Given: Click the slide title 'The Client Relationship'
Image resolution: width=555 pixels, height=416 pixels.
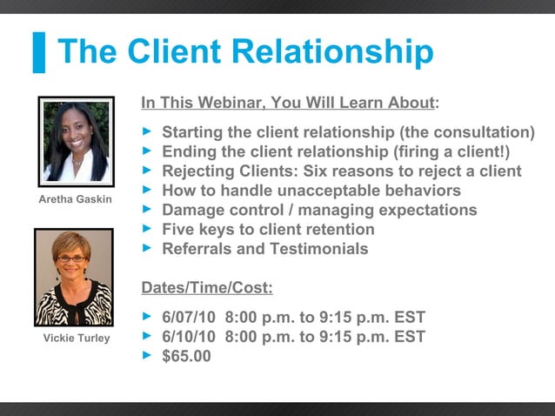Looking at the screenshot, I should click(244, 52).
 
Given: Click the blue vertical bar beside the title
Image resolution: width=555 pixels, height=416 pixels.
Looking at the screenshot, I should click(38, 52).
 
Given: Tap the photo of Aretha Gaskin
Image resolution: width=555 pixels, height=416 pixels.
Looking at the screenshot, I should click(77, 141).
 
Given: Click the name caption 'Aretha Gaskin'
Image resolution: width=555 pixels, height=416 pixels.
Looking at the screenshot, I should click(77, 200).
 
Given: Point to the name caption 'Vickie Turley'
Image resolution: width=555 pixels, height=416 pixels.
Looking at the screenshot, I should click(77, 338).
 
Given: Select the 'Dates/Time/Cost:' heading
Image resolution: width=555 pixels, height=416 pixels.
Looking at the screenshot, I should click(207, 288).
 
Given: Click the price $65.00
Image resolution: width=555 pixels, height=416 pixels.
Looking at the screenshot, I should click(186, 356).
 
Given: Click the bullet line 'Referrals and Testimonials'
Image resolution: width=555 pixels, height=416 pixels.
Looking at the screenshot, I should click(264, 249).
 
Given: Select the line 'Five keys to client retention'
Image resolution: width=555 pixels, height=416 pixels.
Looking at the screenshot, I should click(268, 230).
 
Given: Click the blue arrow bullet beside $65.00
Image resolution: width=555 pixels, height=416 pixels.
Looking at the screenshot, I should click(147, 355).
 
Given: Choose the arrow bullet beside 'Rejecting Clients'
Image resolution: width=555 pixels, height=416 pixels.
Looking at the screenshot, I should click(147, 171).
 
